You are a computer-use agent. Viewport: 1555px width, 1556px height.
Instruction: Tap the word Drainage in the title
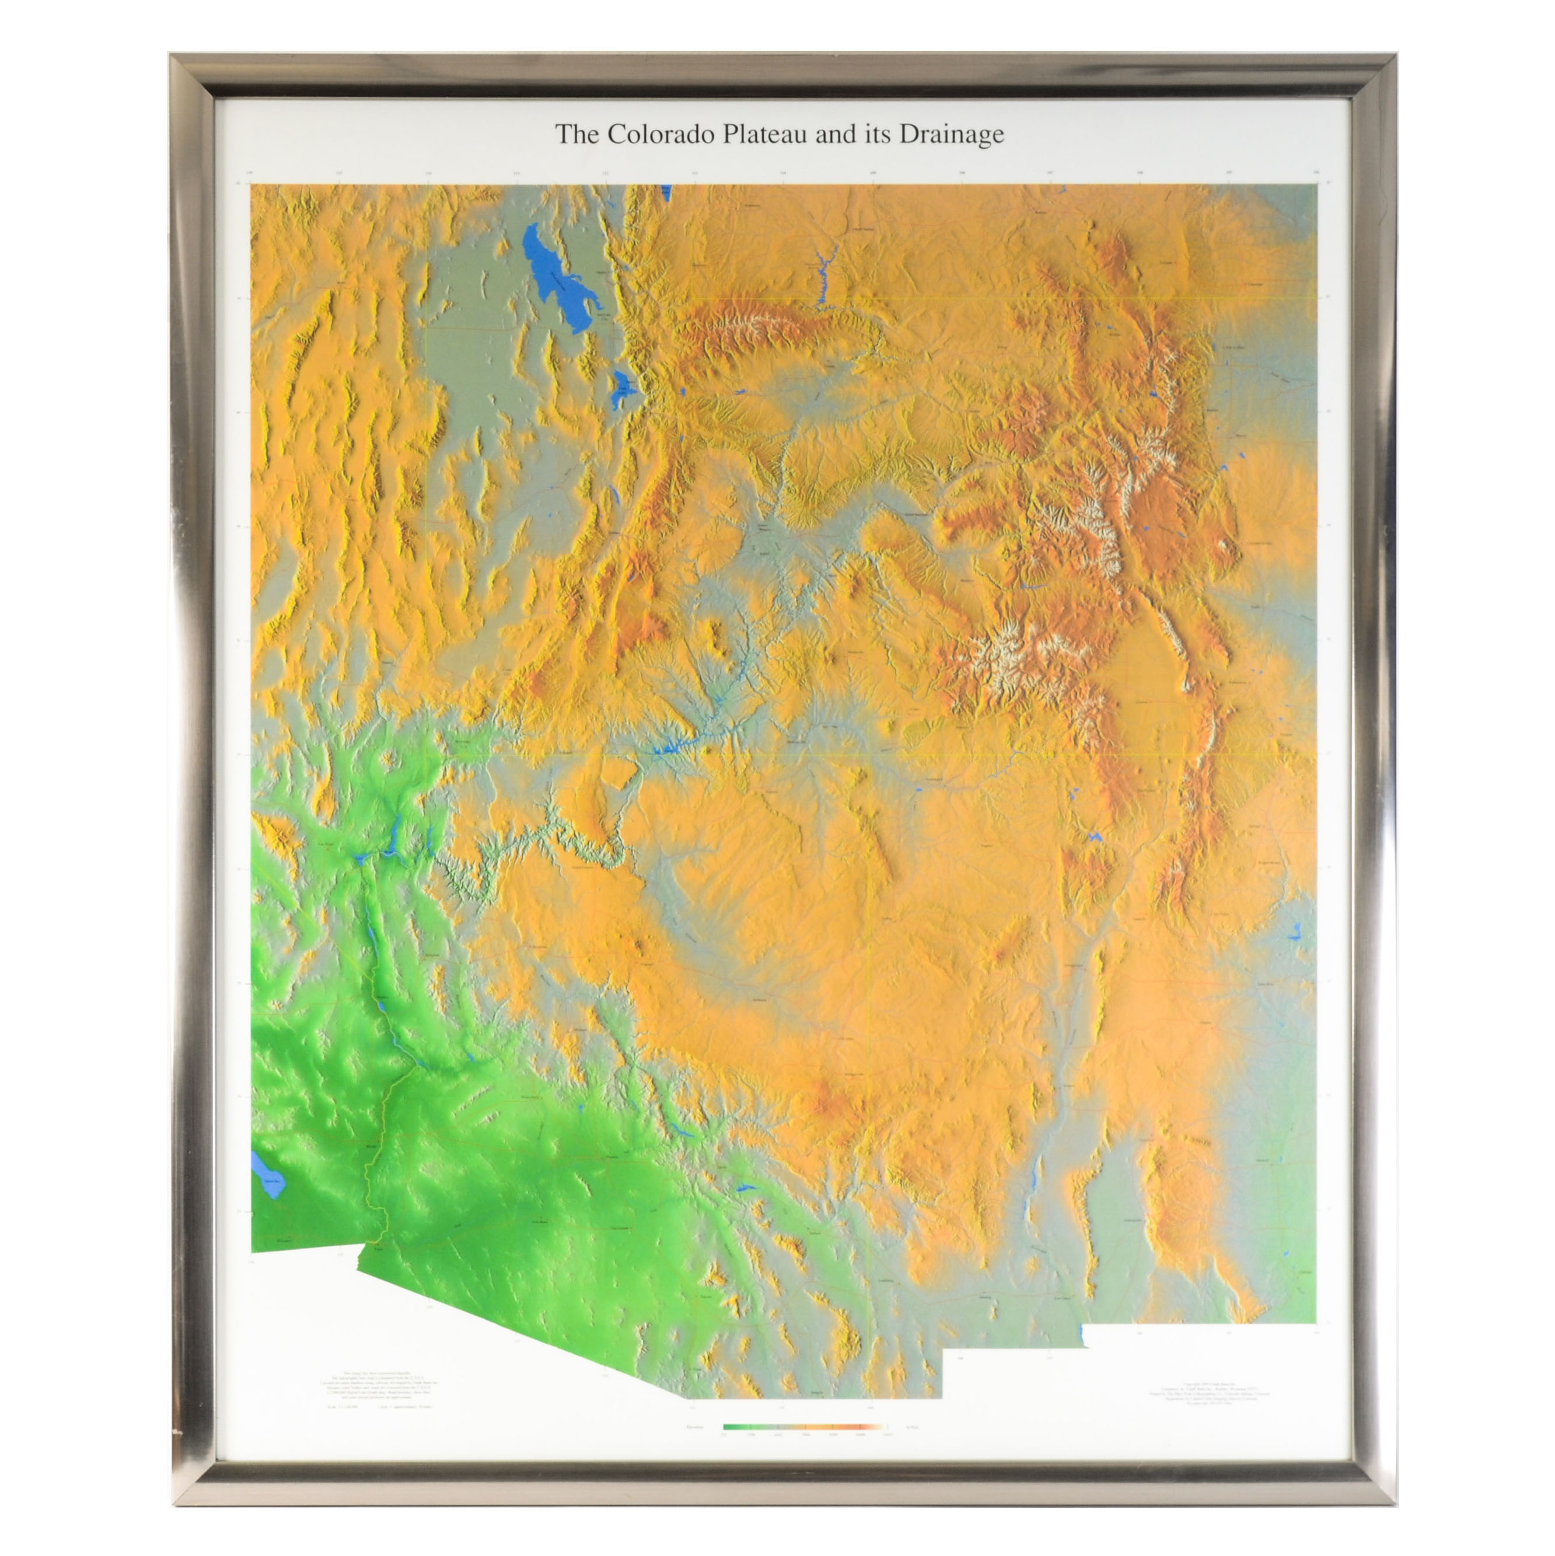coord(951,134)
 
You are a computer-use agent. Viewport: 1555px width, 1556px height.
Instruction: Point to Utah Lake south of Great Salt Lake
coord(621,388)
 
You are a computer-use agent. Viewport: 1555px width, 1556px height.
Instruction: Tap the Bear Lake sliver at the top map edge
coord(666,193)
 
